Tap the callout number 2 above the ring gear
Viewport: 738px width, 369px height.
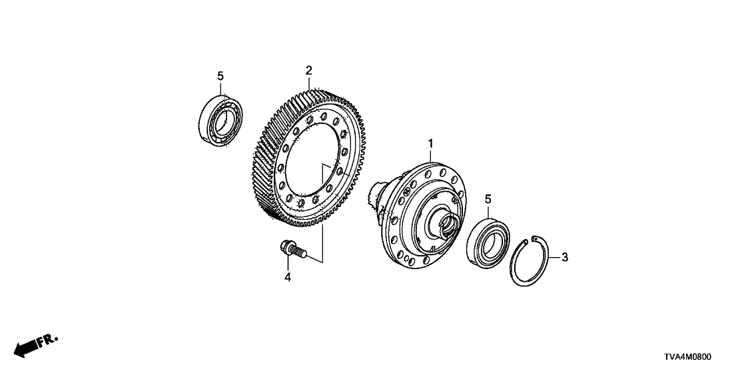tap(308, 70)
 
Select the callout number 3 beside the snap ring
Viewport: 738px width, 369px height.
tap(565, 256)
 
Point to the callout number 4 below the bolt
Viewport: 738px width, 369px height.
tap(288, 276)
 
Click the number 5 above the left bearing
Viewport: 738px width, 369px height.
tap(220, 77)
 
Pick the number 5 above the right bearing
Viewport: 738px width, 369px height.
tap(488, 199)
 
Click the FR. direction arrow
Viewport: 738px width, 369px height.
tap(27, 348)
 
